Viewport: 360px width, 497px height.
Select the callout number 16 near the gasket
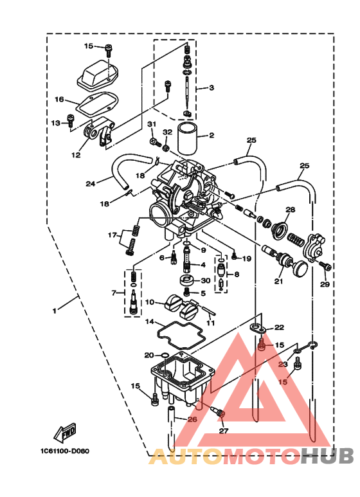click(59, 100)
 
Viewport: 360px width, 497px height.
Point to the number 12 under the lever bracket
click(76, 155)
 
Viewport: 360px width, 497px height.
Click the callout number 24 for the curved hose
click(90, 184)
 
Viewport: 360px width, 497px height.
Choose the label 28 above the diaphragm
click(290, 210)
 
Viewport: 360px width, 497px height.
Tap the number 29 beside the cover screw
click(325, 284)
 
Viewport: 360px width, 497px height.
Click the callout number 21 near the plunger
click(278, 281)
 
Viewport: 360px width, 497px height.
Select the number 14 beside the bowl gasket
click(148, 321)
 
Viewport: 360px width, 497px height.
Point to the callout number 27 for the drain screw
click(223, 431)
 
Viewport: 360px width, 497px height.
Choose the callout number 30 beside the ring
click(205, 280)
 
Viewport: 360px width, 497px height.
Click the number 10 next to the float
click(148, 302)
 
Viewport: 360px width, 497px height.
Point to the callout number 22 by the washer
click(278, 327)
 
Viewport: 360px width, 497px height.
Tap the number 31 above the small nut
click(152, 123)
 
